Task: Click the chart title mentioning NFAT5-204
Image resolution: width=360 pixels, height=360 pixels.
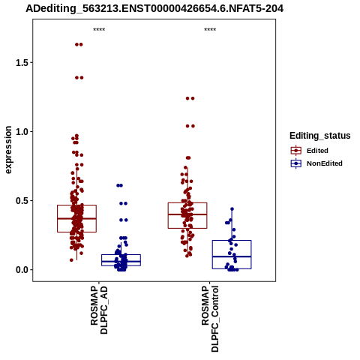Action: [154, 8]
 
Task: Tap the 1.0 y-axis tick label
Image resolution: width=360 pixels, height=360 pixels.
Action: [22, 132]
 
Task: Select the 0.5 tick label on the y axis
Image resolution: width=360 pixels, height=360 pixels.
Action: [22, 201]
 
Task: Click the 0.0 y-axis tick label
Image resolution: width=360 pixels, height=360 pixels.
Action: [22, 270]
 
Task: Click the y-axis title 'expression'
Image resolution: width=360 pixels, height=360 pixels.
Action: [8, 150]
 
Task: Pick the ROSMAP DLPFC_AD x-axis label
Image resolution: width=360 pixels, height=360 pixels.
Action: [99, 310]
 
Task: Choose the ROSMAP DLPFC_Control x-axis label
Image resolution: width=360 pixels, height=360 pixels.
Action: [210, 319]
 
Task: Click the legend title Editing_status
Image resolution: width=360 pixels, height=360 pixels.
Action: [320, 136]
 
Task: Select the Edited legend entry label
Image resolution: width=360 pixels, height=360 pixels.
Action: [317, 151]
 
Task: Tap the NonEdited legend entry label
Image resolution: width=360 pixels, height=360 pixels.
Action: [325, 163]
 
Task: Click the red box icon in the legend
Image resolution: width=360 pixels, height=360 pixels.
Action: [296, 151]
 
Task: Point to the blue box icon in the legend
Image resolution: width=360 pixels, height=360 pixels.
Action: [296, 163]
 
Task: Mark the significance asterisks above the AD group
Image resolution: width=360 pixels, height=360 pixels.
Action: [99, 30]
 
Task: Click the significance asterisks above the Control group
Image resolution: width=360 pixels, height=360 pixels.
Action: [210, 30]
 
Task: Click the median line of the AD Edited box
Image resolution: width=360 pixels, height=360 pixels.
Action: [76, 218]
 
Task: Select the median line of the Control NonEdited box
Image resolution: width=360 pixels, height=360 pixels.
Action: [232, 256]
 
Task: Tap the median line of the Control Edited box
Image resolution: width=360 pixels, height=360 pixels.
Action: [187, 214]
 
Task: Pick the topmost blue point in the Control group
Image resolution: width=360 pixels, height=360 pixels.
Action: [232, 209]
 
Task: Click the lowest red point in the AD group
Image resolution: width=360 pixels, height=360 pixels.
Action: [71, 260]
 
